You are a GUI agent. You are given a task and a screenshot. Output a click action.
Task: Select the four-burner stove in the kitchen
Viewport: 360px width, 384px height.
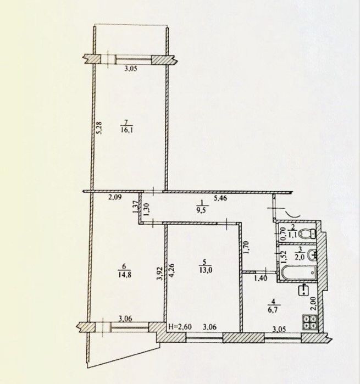coord(310,322)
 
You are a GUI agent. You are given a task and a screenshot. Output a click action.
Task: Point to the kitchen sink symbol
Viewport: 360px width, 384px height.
coord(303,290)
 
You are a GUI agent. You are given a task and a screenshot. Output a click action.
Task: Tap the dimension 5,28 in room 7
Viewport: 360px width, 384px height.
coord(100,128)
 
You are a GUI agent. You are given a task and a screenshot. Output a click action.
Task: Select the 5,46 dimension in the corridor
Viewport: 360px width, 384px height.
coord(220,198)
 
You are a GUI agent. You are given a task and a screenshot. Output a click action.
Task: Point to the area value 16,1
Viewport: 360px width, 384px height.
coord(126,130)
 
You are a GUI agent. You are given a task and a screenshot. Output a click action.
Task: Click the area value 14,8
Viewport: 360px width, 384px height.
coord(125,275)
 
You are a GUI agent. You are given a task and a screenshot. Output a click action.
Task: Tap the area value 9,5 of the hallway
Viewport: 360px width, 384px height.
coord(203,209)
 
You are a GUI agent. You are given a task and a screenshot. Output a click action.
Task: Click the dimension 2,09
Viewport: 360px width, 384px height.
coord(115,197)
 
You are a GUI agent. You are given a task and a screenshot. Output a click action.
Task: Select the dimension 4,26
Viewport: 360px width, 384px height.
coord(172,270)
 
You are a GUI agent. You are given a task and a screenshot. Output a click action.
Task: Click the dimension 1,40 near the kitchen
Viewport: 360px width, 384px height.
coord(261,278)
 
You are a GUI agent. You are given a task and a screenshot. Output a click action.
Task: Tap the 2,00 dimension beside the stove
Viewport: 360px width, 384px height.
coord(314,304)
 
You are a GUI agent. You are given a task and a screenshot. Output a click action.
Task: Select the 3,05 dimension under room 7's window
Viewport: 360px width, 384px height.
coord(131,68)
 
